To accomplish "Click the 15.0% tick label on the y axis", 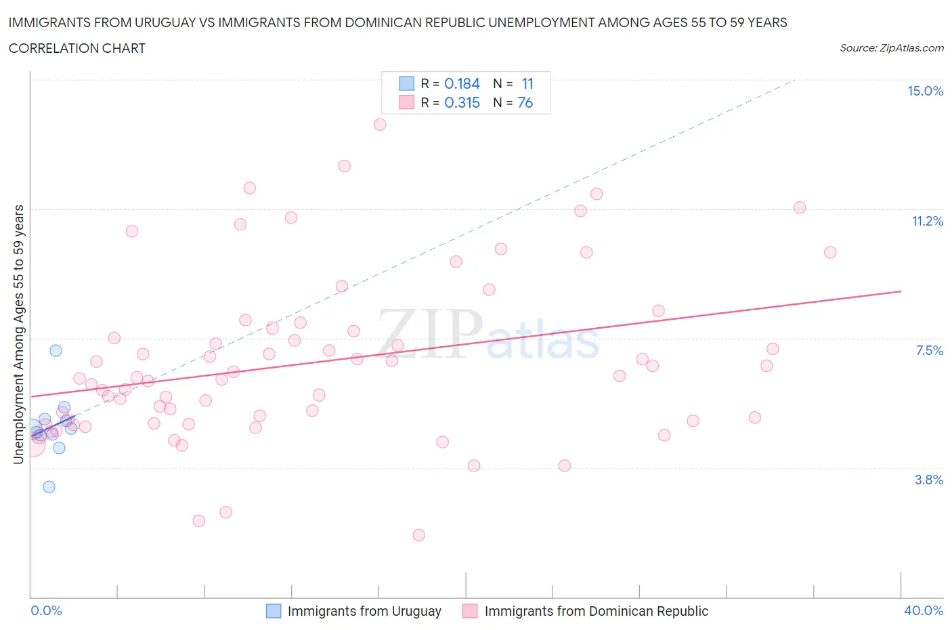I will (x=925, y=91).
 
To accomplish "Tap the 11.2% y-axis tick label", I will (x=927, y=222).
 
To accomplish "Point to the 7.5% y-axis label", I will (x=929, y=351).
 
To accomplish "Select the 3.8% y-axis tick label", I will (x=929, y=480).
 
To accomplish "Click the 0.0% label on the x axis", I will (x=46, y=611).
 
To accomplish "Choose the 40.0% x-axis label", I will (x=924, y=611).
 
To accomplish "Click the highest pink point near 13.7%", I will (x=380, y=125).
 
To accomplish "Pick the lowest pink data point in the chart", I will (x=419, y=535).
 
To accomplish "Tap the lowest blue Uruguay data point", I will (x=49, y=487).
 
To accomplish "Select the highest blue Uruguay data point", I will (x=56, y=350).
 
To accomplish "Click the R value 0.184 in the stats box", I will (x=462, y=84).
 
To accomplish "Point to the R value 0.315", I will (x=462, y=103).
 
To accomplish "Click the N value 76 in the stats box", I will (x=525, y=103).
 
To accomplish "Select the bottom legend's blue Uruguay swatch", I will (x=274, y=611).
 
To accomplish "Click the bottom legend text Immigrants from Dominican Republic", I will (x=596, y=611).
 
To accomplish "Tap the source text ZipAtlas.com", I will (x=911, y=48).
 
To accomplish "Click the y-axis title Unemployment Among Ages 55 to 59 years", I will (x=18, y=335).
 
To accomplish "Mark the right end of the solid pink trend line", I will (x=901, y=291).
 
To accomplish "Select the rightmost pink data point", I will (x=830, y=253).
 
